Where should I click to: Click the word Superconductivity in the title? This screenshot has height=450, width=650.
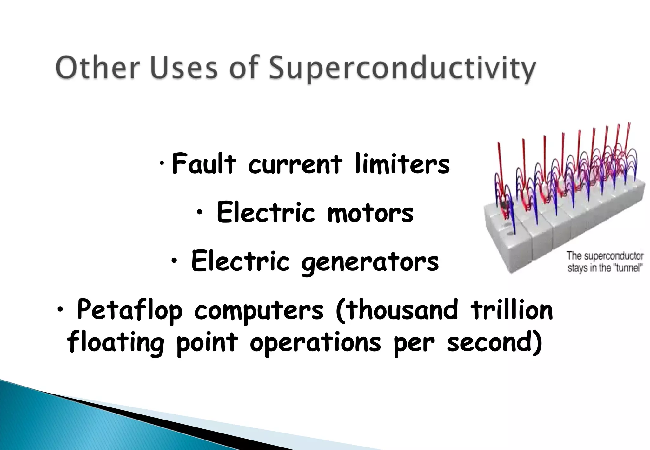[x=402, y=69]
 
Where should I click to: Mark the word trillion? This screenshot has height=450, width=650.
[x=512, y=310]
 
